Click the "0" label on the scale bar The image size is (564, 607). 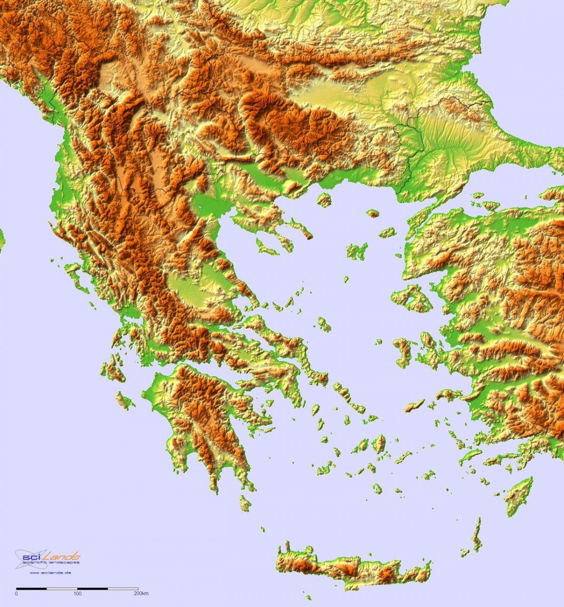coord(16,594)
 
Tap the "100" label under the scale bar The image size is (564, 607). coord(78,594)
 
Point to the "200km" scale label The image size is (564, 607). coord(141,594)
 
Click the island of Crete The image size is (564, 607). coord(352,567)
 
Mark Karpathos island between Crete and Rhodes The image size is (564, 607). coord(477,534)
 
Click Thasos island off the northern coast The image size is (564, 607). coord(324,199)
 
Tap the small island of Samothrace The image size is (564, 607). coord(374,214)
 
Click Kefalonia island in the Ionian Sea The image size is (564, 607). coord(113,369)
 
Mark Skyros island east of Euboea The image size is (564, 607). coord(323,323)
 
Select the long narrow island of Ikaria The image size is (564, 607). coord(416,404)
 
